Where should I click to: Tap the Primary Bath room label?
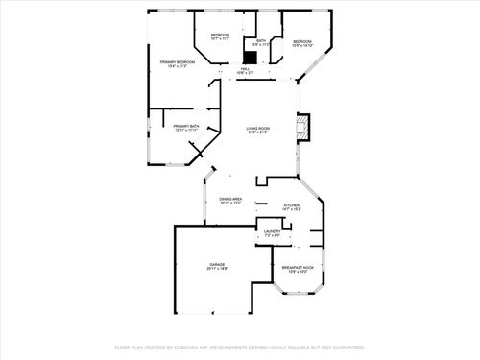(186, 126)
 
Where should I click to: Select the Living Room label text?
(257, 128)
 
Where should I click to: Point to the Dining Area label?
(230, 199)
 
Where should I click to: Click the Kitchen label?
(291, 205)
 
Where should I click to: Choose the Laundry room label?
(272, 231)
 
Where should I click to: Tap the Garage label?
(216, 264)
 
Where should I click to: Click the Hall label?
(245, 69)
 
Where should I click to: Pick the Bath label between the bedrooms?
(260, 40)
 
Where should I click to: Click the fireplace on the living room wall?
(304, 128)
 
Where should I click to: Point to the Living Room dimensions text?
(257, 132)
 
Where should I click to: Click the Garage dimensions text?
(216, 269)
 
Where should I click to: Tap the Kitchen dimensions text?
(291, 210)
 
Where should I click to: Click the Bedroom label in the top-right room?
(302, 41)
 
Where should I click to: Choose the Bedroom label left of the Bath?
(220, 36)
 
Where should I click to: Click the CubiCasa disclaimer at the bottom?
(240, 347)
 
